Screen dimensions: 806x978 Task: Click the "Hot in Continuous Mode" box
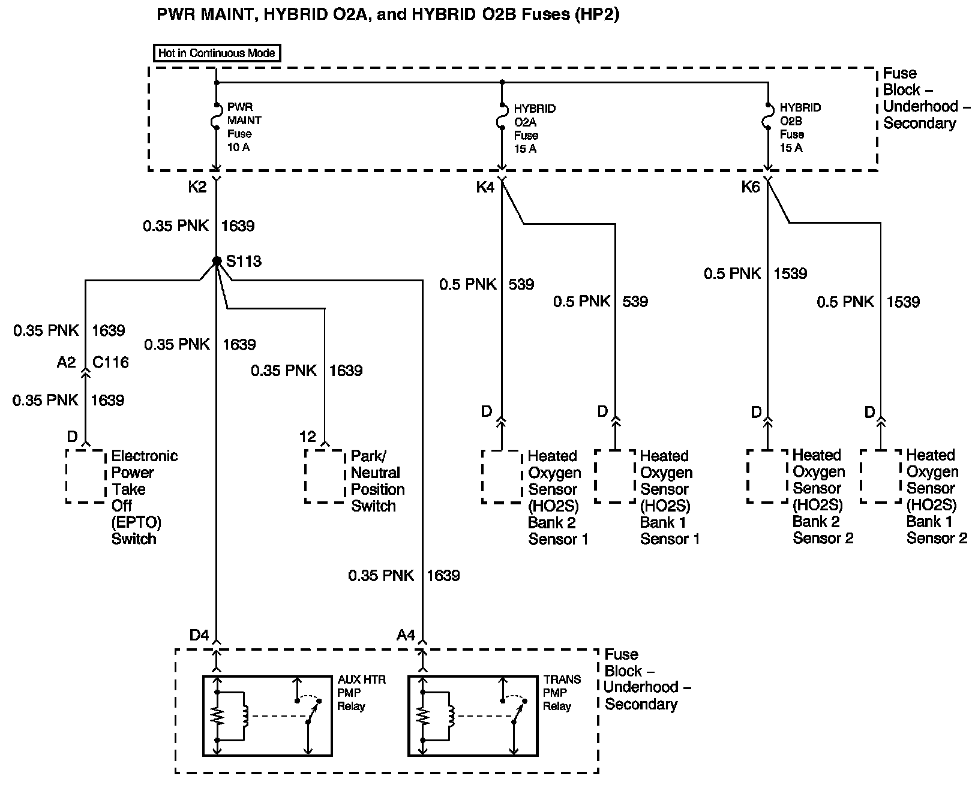[216, 53]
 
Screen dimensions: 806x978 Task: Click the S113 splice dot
[217, 261]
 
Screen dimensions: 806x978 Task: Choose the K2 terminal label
[197, 187]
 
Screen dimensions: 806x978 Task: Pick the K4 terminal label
[485, 187]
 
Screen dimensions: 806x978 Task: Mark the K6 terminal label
[750, 187]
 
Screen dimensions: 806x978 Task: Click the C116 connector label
[110, 362]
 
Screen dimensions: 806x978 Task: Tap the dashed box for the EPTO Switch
[86, 476]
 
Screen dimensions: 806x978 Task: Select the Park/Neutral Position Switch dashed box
[325, 476]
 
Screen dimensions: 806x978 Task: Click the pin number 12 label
[307, 437]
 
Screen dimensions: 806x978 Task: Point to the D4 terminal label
[199, 634]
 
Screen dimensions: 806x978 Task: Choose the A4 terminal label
[406, 634]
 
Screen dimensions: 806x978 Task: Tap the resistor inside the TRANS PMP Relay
[424, 716]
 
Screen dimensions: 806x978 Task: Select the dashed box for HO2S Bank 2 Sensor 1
[501, 476]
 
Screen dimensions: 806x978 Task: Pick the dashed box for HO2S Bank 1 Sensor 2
[880, 476]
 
